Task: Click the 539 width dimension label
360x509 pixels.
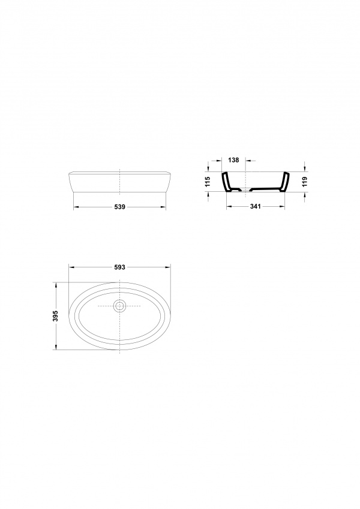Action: coord(120,207)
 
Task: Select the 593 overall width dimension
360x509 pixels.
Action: coord(120,267)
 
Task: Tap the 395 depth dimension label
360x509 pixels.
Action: coord(56,316)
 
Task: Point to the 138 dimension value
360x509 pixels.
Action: coord(233,160)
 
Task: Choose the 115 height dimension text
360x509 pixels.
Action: coord(208,182)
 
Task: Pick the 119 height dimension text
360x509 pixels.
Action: coord(304,182)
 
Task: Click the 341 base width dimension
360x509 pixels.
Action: coord(256,206)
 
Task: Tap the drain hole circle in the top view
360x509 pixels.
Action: coord(120,306)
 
